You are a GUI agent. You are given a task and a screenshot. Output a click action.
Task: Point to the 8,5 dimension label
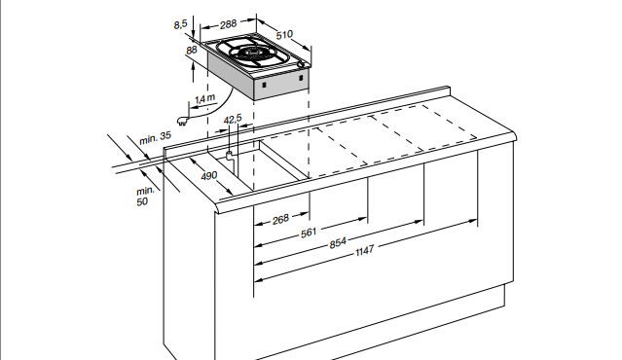(x=181, y=22)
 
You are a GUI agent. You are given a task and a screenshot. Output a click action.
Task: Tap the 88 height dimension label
(x=191, y=49)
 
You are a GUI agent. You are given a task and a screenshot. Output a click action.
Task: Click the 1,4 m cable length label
(x=204, y=98)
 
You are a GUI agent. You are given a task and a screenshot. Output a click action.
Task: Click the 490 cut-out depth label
(x=208, y=176)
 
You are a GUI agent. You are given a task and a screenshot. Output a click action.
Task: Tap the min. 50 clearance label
(x=143, y=196)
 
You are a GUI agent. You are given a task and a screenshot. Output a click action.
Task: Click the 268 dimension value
(x=281, y=220)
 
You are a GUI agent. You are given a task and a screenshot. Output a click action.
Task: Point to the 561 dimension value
(x=310, y=233)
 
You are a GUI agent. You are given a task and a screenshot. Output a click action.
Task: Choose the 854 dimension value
(x=338, y=242)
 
